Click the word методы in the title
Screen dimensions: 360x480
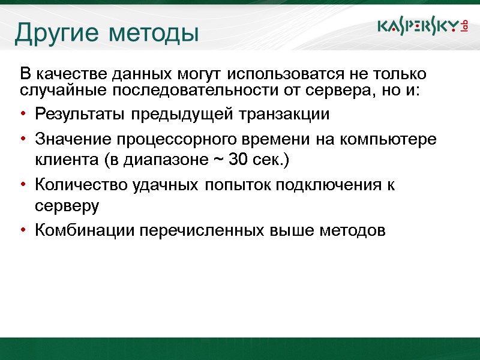[154, 34]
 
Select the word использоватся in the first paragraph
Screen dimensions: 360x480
[280, 75]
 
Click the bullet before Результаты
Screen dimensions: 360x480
[23, 115]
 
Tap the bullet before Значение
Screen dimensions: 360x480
[23, 140]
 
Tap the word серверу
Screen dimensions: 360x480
[67, 206]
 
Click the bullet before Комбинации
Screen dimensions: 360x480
[23, 230]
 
